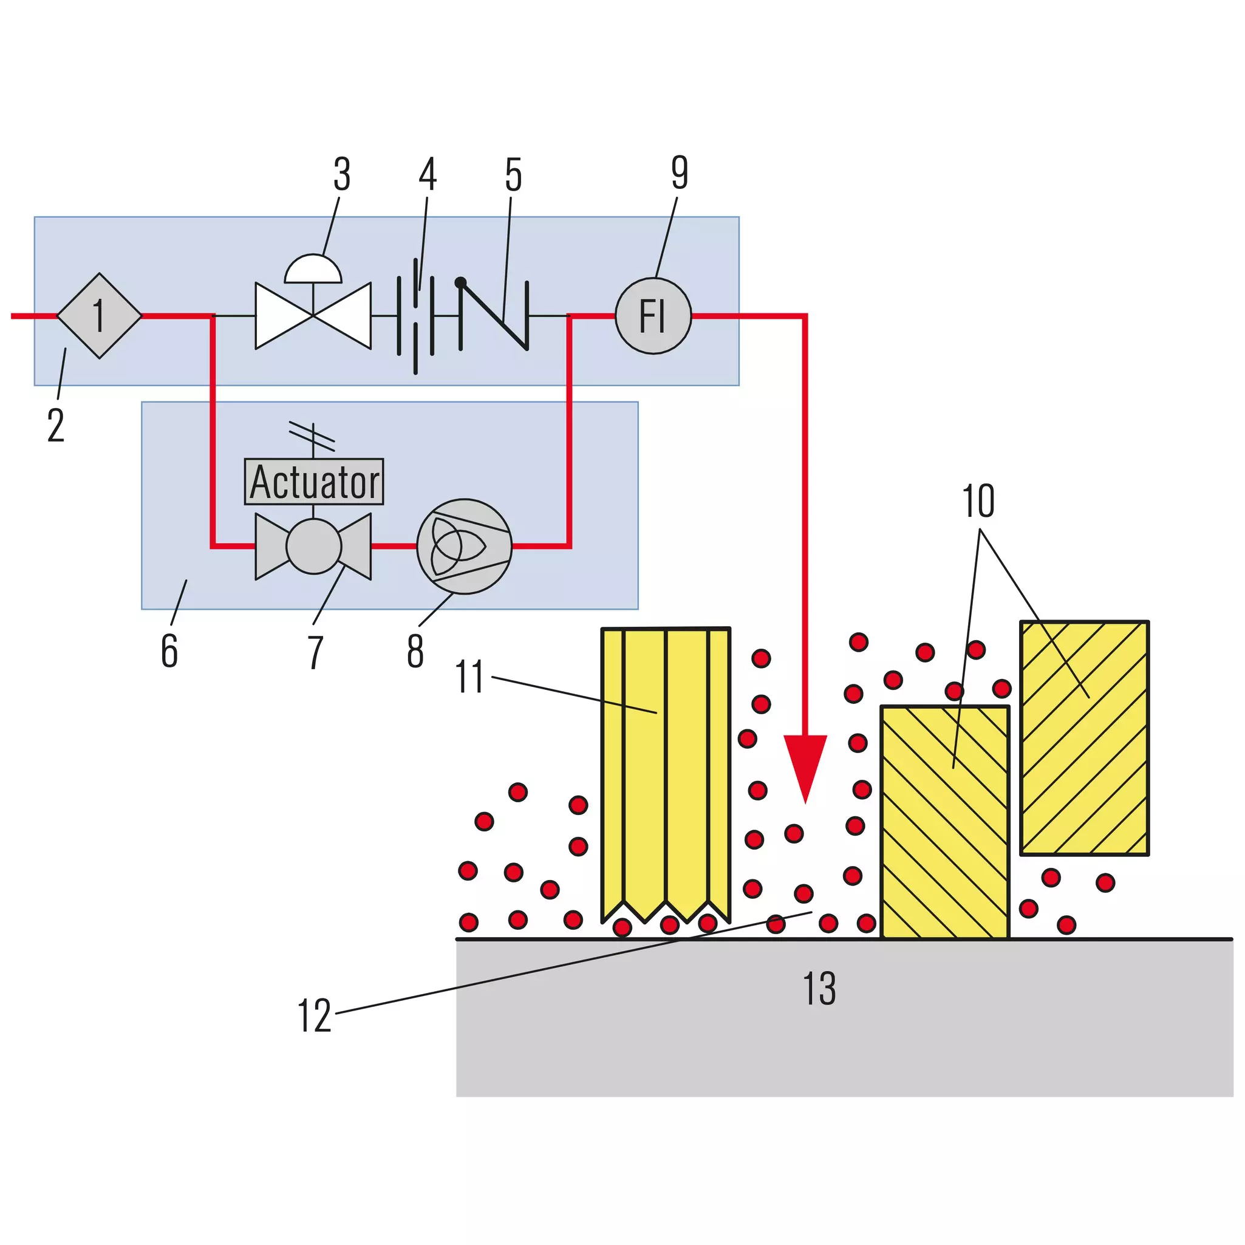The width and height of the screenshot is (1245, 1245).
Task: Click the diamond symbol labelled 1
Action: (x=99, y=316)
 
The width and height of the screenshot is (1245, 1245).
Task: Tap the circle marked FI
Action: (x=653, y=316)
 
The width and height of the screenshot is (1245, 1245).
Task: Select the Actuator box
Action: (x=314, y=482)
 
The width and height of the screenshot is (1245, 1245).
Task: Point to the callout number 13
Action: (x=820, y=989)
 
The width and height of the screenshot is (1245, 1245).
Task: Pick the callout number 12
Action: (x=315, y=1016)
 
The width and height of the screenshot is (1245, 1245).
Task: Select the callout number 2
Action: (x=56, y=425)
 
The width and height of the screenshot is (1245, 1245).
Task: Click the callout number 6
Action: (x=169, y=651)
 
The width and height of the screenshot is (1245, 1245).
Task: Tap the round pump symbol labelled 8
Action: (x=464, y=547)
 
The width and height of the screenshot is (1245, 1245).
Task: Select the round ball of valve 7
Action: (x=314, y=547)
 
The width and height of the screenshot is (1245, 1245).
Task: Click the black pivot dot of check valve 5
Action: (x=461, y=282)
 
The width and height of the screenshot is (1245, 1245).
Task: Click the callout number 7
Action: (x=315, y=652)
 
